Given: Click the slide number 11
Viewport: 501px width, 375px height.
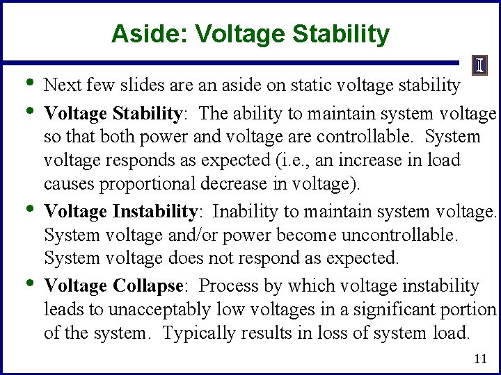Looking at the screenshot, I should click(479, 359).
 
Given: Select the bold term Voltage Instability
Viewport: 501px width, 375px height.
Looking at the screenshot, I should click(121, 211).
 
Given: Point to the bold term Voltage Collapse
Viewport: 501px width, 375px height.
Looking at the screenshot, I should click(113, 286).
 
